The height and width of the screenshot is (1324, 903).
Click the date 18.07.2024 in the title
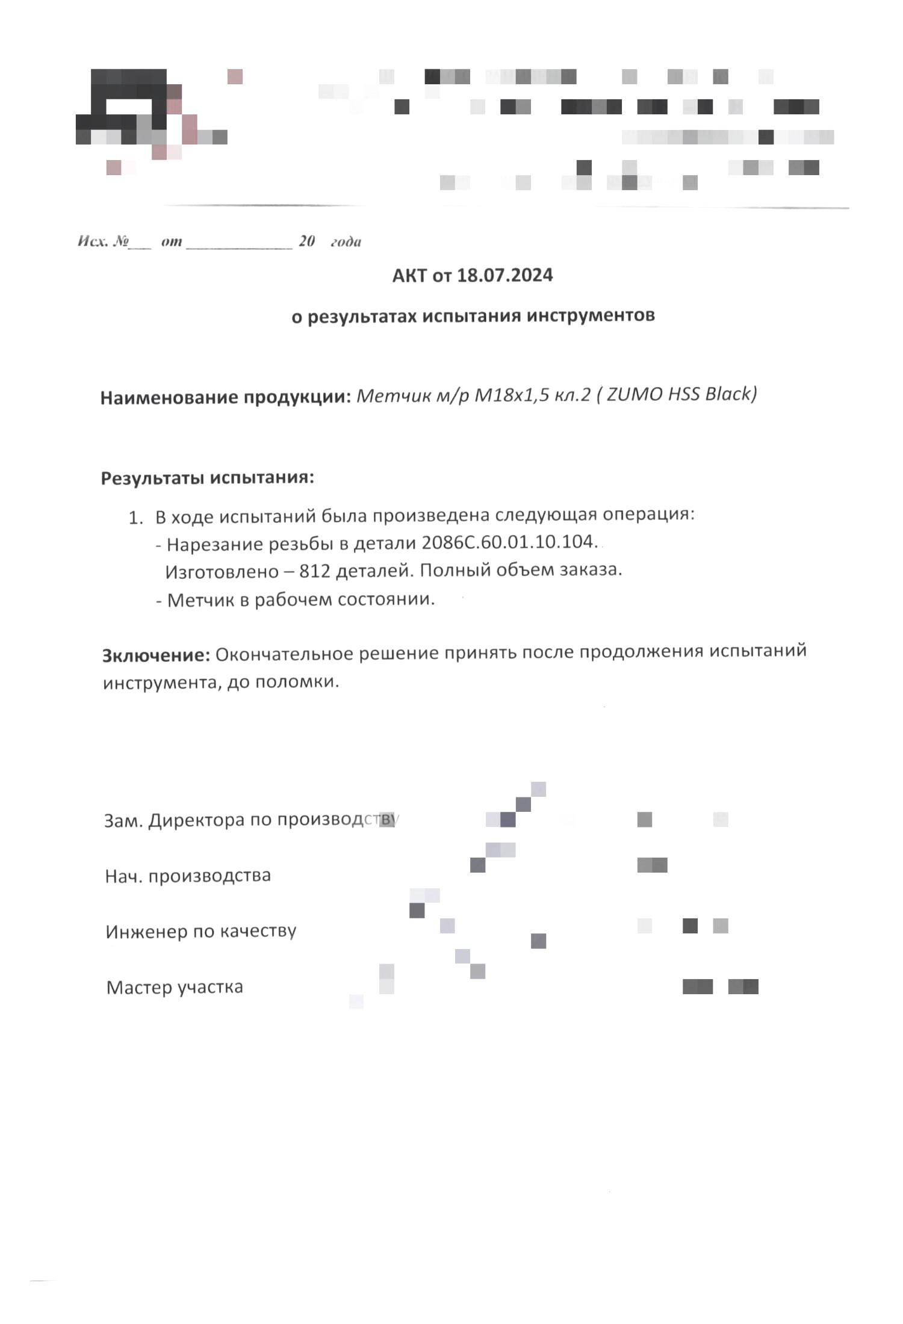click(x=504, y=276)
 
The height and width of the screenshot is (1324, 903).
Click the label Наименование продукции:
click(x=226, y=398)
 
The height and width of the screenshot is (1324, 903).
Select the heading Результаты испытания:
click(x=208, y=478)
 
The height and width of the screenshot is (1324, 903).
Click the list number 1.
click(x=135, y=518)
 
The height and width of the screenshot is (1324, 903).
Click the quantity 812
click(x=315, y=571)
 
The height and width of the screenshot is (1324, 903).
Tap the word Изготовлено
click(x=221, y=571)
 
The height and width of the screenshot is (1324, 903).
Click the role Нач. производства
click(x=188, y=875)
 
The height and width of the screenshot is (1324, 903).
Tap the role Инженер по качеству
click(x=201, y=932)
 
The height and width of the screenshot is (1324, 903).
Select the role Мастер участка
click(x=175, y=988)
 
